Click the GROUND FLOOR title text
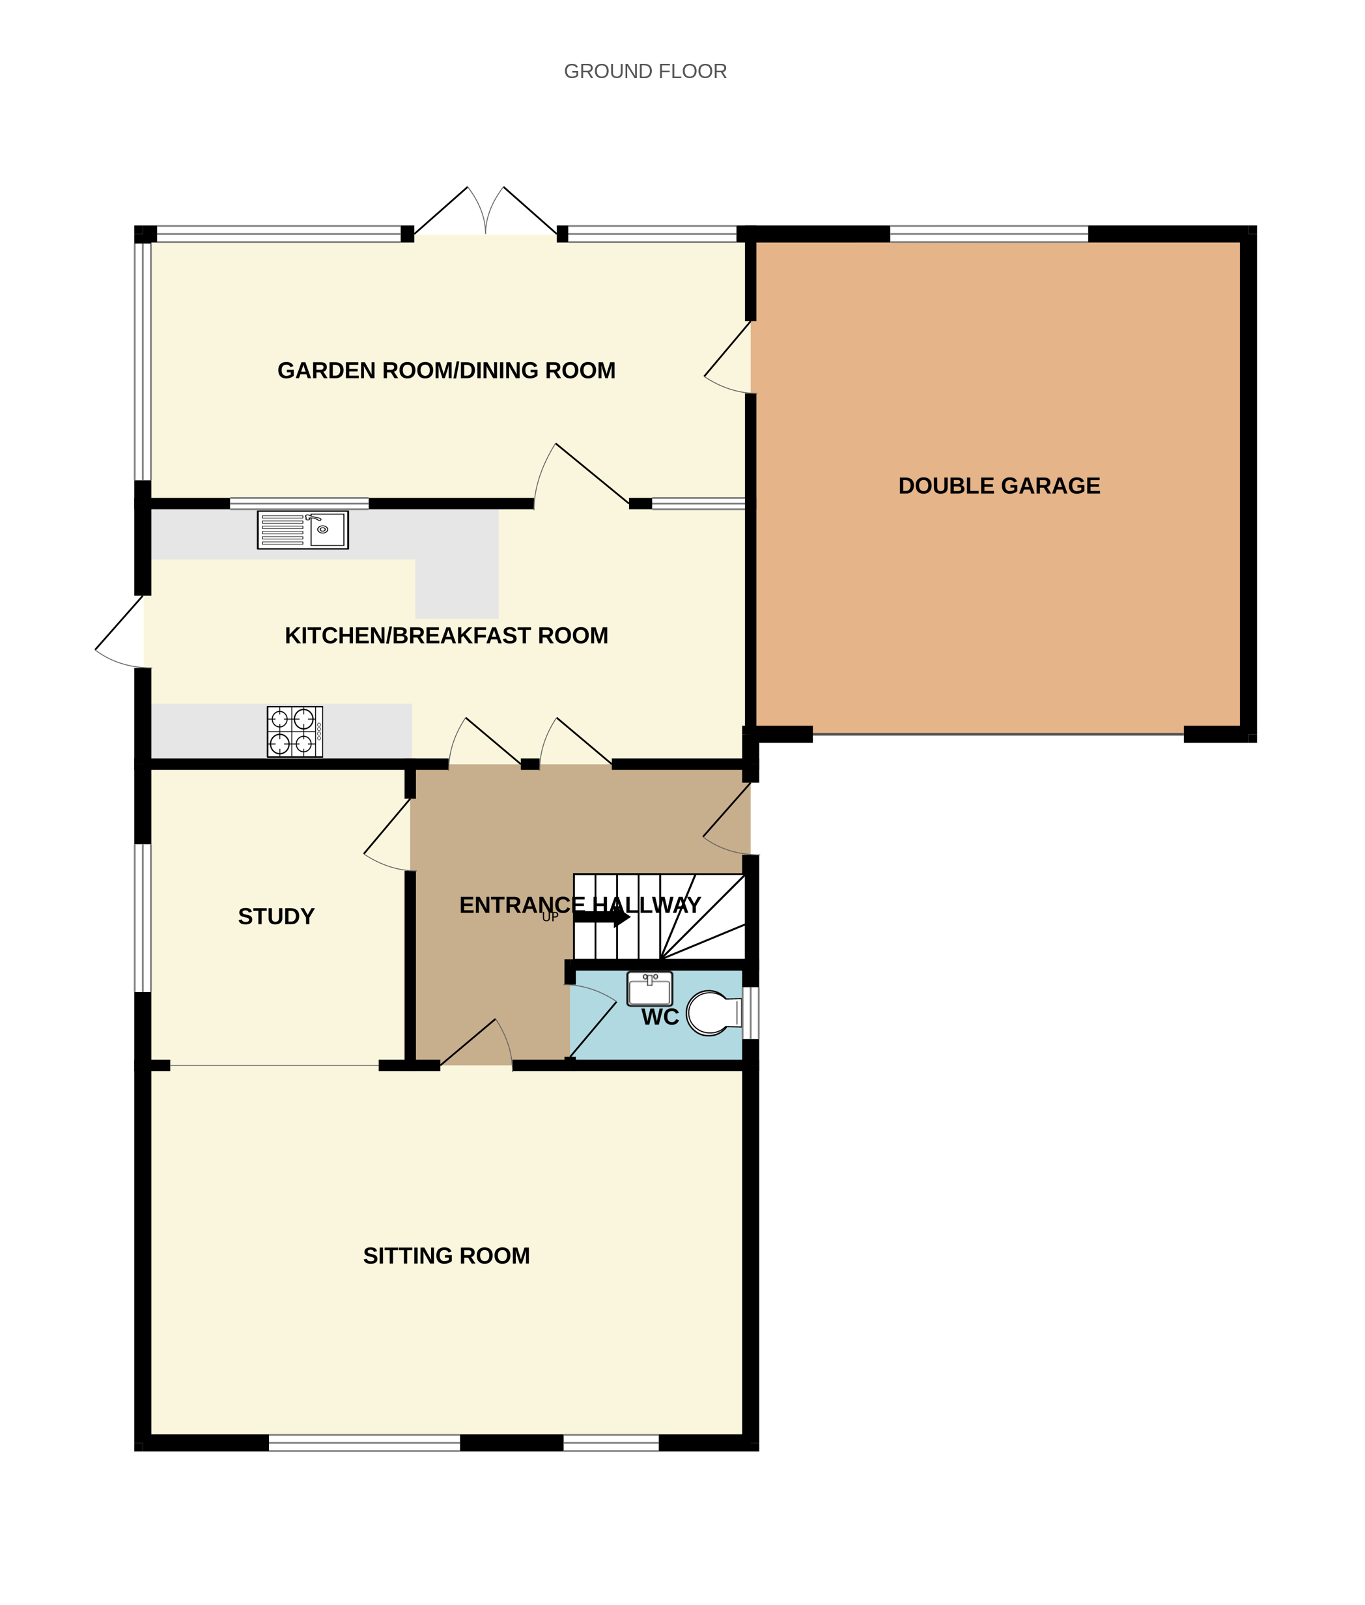click(645, 71)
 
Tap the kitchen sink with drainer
click(303, 530)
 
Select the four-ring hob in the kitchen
click(295, 731)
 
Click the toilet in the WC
click(712, 1013)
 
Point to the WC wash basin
click(649, 989)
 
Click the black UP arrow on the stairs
click(602, 917)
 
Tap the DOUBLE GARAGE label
click(999, 486)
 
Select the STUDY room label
click(276, 916)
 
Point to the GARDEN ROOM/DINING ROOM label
click(447, 371)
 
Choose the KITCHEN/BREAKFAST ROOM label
click(447, 635)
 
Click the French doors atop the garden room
click(485, 213)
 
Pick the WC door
click(592, 1021)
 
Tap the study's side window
click(143, 918)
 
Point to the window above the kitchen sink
click(300, 504)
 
